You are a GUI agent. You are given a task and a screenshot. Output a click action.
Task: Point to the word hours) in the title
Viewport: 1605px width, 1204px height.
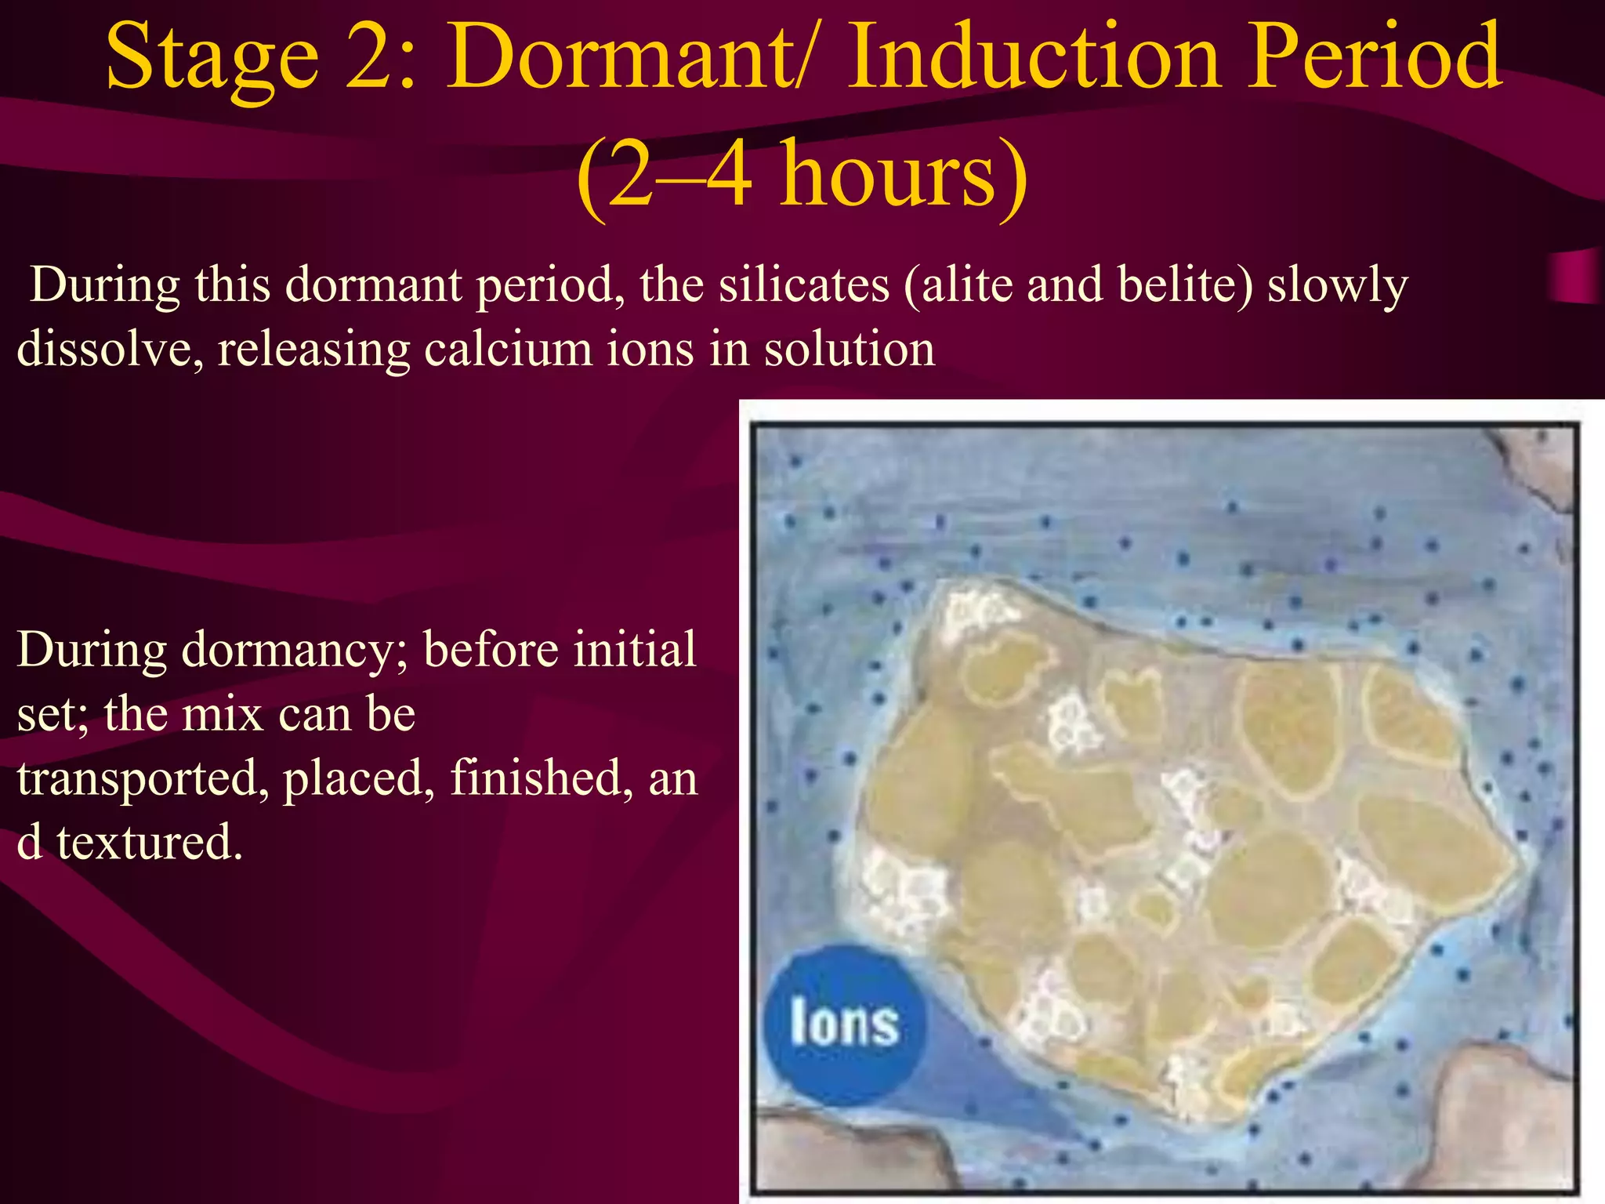pos(901,176)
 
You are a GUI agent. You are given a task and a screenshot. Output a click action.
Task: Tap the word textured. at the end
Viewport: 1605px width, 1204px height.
pos(149,843)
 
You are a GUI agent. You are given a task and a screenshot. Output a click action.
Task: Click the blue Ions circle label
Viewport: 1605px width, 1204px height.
pos(843,1024)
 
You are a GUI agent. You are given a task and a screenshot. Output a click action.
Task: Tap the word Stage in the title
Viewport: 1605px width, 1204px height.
pos(212,56)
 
